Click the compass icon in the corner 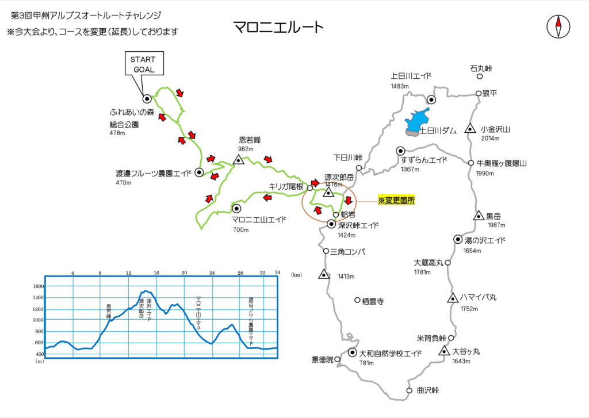557,26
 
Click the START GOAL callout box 144,64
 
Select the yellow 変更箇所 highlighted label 396,200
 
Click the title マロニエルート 278,26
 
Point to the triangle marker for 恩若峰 238,160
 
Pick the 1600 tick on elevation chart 39,286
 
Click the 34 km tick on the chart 277,272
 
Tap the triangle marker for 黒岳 478,216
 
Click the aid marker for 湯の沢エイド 458,239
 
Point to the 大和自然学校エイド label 391,353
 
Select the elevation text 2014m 490,139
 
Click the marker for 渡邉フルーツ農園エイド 199,172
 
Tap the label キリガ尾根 286,186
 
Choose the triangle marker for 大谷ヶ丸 444,351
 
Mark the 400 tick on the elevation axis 39,354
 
